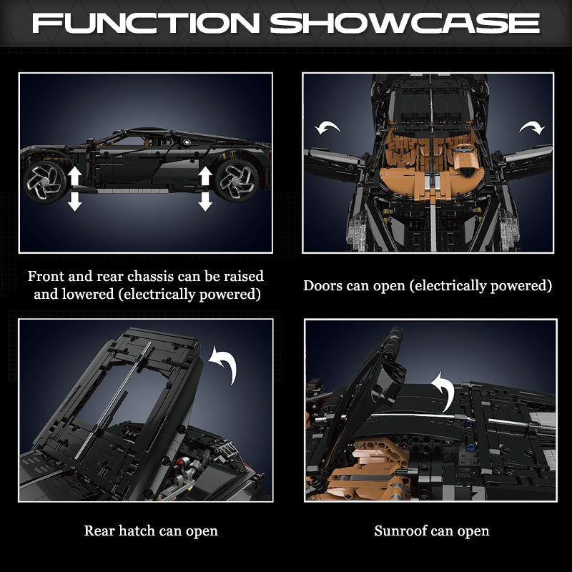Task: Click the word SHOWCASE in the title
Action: [x=405, y=23]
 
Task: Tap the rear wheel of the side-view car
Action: [x=45, y=182]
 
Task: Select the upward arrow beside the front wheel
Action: [x=205, y=176]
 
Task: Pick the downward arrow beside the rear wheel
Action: [x=75, y=202]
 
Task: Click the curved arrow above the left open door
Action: [x=327, y=128]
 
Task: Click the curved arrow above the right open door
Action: [x=532, y=128]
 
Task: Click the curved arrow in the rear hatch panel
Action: [x=225, y=364]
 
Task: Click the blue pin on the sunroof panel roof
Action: [x=470, y=447]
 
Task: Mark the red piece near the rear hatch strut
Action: [x=180, y=461]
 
